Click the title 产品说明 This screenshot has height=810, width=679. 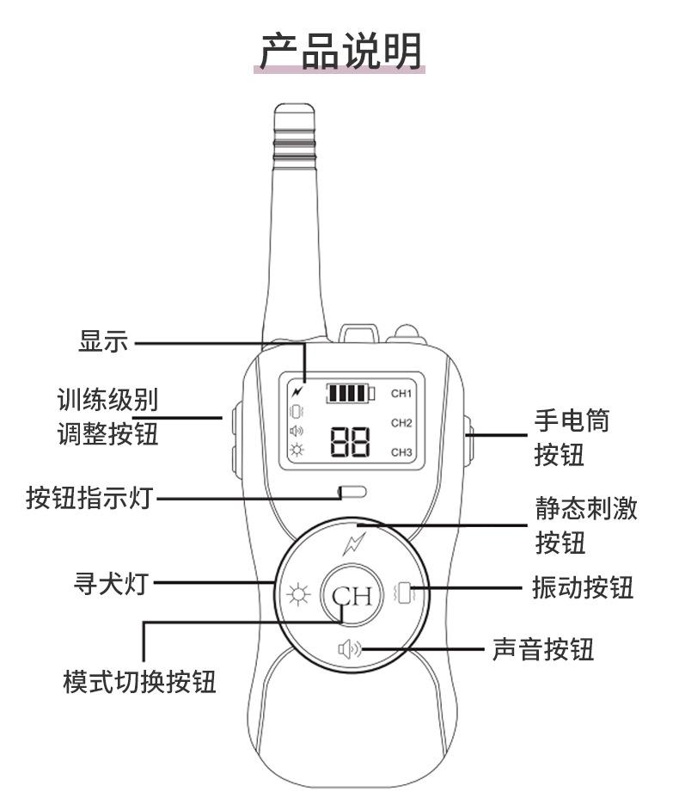click(341, 51)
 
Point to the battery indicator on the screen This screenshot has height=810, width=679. click(350, 395)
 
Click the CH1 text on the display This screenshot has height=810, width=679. click(402, 394)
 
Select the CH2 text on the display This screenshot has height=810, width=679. click(402, 423)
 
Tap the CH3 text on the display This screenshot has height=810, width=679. click(402, 452)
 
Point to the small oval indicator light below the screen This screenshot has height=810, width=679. click(352, 493)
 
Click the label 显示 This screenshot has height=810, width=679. click(102, 342)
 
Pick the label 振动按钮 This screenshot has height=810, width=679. click(583, 588)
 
